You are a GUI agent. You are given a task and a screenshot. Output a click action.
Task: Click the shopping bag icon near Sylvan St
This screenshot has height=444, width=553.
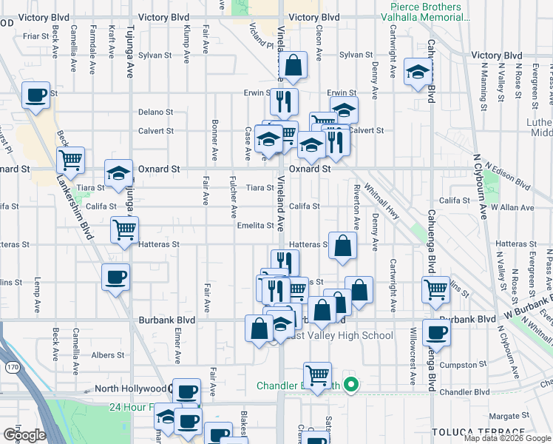click(x=294, y=67)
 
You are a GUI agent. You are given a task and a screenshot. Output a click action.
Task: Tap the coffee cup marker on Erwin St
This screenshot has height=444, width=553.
click(x=35, y=95)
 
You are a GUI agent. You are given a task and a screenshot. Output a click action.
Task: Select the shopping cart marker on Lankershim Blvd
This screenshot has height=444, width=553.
click(x=70, y=160)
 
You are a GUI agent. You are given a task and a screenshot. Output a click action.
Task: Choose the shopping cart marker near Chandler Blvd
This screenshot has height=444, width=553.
click(x=318, y=376)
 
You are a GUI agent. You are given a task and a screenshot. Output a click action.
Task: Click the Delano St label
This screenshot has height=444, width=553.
click(x=155, y=112)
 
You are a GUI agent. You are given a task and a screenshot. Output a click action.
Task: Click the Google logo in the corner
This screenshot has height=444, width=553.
click(x=24, y=434)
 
